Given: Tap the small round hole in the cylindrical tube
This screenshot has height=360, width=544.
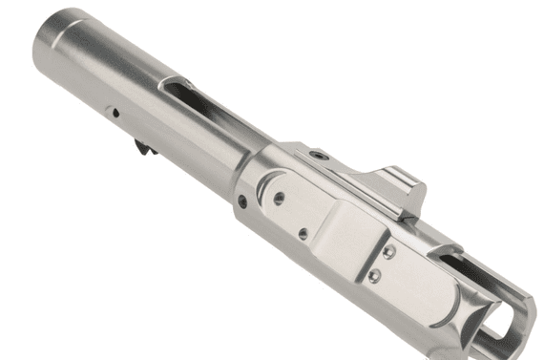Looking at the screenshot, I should [x=115, y=112].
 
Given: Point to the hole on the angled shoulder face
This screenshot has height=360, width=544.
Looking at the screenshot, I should [x=241, y=201].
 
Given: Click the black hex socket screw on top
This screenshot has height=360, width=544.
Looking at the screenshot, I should [x=323, y=154].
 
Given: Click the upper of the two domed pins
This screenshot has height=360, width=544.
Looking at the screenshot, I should [x=390, y=252].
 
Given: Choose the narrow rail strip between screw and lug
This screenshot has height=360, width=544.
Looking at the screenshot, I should [x=358, y=167].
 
